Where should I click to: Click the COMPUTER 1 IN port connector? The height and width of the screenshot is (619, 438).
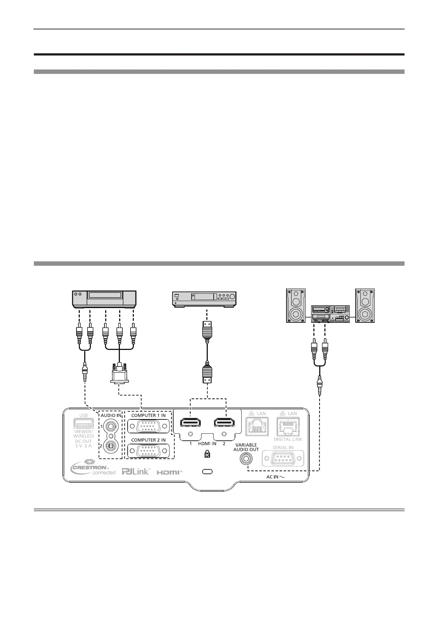tap(148, 426)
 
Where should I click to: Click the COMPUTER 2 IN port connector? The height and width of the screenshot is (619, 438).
tap(148, 451)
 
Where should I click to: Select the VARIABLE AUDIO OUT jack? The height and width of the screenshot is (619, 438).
tap(246, 459)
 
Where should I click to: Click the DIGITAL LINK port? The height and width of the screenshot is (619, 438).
tap(288, 427)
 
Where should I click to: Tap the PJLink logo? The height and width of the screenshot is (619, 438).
tap(136, 471)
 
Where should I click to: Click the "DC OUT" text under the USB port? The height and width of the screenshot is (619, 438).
tap(83, 441)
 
